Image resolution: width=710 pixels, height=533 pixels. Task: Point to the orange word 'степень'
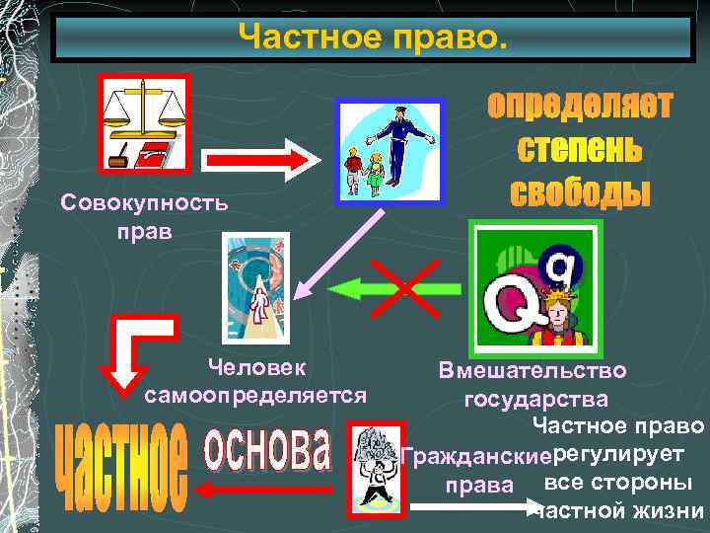tap(580, 150)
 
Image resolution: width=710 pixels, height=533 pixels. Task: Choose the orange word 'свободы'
tap(580, 191)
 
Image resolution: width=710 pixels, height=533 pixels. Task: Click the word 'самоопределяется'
tap(255, 396)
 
